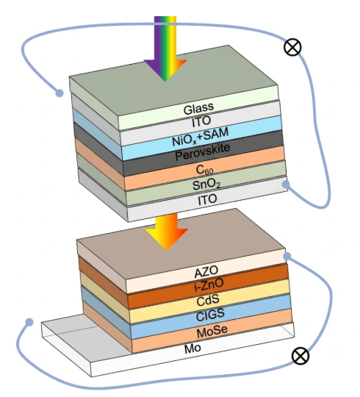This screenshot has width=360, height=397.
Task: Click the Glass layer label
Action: click(198, 108)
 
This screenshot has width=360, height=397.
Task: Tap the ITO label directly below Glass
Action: click(201, 122)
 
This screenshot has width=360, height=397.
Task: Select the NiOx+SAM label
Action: click(200, 137)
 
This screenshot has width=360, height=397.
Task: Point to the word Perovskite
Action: click(203, 152)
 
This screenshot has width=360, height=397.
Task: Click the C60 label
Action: click(205, 169)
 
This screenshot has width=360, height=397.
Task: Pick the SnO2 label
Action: click(206, 185)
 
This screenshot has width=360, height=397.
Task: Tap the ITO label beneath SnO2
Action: click(207, 199)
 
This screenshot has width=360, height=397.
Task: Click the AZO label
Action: click(206, 272)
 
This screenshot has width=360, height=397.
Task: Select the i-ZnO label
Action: click(209, 285)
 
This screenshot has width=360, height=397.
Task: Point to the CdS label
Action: click(208, 300)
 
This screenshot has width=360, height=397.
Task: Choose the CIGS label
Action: click(210, 315)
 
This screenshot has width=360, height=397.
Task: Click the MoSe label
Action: click(212, 331)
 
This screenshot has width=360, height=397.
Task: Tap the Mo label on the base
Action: click(192, 348)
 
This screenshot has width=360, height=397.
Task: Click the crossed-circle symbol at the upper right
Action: click(292, 47)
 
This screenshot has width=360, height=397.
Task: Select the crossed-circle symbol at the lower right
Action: click(300, 356)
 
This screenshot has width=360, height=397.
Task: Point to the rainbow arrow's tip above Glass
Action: click(165, 82)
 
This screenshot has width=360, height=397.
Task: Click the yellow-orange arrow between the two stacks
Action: click(167, 231)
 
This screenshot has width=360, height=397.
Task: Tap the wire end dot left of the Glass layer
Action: click(60, 93)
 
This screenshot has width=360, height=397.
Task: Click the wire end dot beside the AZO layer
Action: click(287, 257)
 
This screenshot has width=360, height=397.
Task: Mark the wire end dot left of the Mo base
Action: click(29, 322)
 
